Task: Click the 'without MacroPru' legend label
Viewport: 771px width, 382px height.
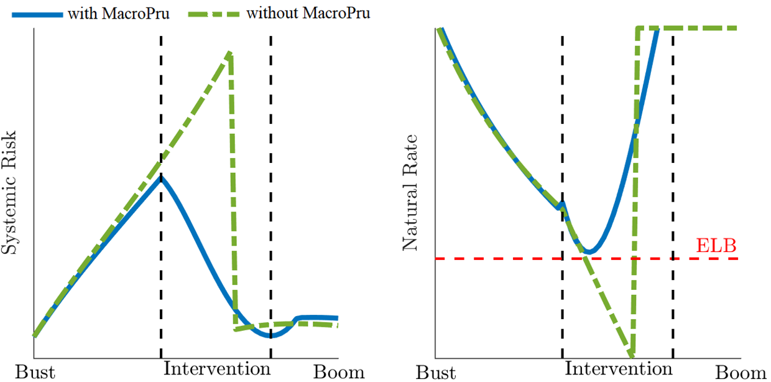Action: (x=308, y=12)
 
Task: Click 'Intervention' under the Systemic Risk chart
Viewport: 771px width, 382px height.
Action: (x=217, y=368)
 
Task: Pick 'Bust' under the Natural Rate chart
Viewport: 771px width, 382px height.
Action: (x=435, y=372)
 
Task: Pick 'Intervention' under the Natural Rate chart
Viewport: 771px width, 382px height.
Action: (x=618, y=368)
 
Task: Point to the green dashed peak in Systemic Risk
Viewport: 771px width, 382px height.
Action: (x=229, y=54)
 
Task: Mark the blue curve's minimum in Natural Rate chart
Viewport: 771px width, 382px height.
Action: (x=590, y=252)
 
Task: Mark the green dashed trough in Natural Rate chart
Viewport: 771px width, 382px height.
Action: (x=631, y=355)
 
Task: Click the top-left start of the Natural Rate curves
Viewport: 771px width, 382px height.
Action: (x=440, y=29)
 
